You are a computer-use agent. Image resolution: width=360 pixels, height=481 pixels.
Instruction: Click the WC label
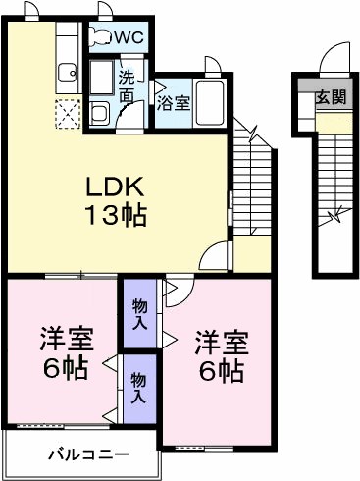pos(129,37)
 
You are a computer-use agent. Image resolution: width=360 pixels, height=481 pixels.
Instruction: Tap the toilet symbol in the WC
pos(101,37)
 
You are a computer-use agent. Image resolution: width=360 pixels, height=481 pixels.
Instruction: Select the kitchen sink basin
pos(68,72)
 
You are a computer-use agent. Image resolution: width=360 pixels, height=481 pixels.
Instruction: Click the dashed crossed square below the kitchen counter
pos(68,114)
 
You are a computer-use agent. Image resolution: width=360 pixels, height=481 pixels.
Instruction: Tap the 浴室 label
pos(174,103)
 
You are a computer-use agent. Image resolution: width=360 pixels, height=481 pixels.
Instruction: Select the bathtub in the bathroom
pos(210,103)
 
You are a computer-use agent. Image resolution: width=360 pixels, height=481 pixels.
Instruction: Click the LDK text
pos(115,187)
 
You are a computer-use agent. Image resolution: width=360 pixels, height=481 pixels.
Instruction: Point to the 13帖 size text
pos(116,216)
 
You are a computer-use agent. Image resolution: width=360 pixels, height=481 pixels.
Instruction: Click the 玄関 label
pos(331,96)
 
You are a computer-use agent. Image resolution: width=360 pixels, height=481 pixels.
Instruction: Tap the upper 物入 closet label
pos(139,314)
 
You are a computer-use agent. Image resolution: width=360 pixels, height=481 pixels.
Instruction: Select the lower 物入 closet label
pos(138,389)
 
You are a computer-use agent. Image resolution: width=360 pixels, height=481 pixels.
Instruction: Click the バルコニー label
pos(89,454)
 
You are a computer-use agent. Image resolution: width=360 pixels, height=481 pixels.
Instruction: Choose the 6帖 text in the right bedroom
pos(222,372)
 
